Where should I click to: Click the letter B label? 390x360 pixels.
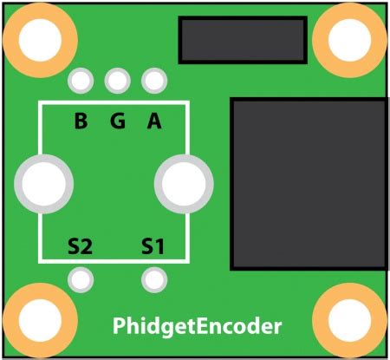(81, 121)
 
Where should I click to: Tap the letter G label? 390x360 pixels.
(117, 121)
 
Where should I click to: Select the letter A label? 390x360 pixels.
(154, 121)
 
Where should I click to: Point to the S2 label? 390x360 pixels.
(80, 247)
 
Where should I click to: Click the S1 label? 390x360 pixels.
(153, 247)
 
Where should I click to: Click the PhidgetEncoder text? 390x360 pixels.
(198, 327)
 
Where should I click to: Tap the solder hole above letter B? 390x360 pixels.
(81, 82)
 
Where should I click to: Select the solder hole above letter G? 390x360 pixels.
(117, 82)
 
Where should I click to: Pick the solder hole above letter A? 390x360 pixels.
(154, 82)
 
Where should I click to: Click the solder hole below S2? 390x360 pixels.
(81, 280)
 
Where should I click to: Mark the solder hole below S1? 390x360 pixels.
(154, 280)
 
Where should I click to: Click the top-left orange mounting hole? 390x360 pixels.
(36, 37)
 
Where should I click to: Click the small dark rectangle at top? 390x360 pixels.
(243, 40)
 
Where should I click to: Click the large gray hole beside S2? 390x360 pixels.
(43, 183)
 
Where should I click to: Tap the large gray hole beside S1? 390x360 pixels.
(183, 183)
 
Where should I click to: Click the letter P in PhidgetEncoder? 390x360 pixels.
(120, 327)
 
